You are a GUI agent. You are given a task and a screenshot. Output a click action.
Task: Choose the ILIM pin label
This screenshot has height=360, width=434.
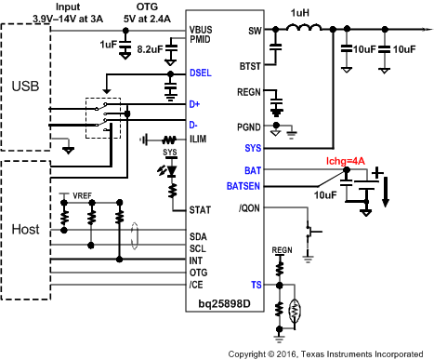[198, 140]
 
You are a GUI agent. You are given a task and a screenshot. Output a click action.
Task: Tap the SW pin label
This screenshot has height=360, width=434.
[255, 32]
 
